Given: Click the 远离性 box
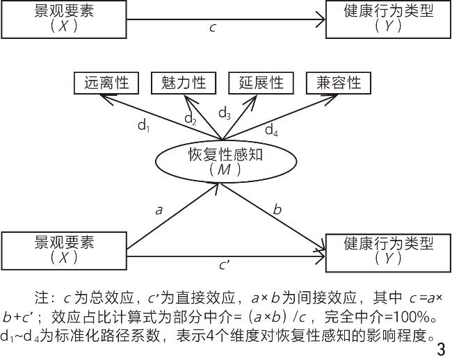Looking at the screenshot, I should point(106,83).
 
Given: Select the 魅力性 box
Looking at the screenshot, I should point(184,83).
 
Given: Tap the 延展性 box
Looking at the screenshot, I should point(261,83).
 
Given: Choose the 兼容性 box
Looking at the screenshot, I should point(339,83).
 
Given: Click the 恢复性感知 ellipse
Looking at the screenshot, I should point(225,160).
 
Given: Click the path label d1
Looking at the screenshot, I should point(143,126).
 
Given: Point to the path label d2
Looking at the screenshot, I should point(191,119).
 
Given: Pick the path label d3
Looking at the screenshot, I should point(225,113).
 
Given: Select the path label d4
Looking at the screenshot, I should point(272,129).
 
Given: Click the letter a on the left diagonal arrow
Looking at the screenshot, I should point(159,208).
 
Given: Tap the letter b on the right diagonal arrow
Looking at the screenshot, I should point(277,208).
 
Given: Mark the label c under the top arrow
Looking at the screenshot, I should point(213,28).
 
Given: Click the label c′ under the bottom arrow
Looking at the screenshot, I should point(225,265).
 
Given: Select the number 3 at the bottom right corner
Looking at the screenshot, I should point(439,347).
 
